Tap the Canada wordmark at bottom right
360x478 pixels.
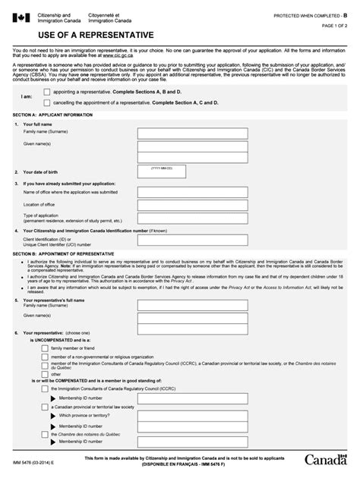pyautogui.click(x=327, y=461)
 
